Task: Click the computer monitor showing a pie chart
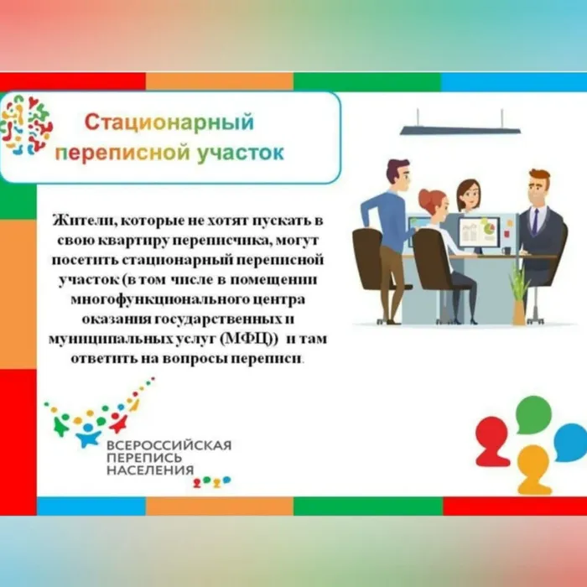coord(478,230)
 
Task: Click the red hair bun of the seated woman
coord(423,197)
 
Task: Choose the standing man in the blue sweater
coord(388,226)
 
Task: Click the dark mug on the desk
coord(506,250)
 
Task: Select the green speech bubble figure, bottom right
coord(533,415)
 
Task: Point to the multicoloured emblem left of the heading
coord(27,125)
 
